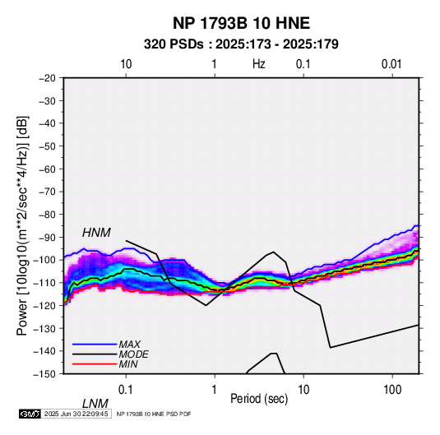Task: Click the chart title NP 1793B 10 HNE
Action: pyautogui.click(x=241, y=23)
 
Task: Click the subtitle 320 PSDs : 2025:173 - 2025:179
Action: pyautogui.click(x=241, y=44)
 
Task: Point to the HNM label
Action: pyautogui.click(x=96, y=233)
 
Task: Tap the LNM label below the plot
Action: pyautogui.click(x=95, y=404)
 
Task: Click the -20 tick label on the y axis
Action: pyautogui.click(x=47, y=78)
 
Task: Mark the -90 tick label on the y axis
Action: pyautogui.click(x=47, y=238)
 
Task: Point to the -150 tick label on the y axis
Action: pyautogui.click(x=44, y=374)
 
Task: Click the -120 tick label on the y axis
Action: pyautogui.click(x=44, y=306)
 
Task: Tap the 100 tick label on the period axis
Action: pyautogui.click(x=392, y=390)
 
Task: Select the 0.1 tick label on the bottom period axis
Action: pyautogui.click(x=126, y=390)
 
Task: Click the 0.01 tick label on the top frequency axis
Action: pyautogui.click(x=391, y=64)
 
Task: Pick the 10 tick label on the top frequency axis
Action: pyautogui.click(x=126, y=64)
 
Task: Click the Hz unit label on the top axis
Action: pyautogui.click(x=259, y=64)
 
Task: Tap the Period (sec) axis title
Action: pyautogui.click(x=259, y=399)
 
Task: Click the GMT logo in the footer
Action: pyautogui.click(x=30, y=414)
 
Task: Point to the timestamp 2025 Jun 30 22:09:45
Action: pyautogui.click(x=76, y=414)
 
